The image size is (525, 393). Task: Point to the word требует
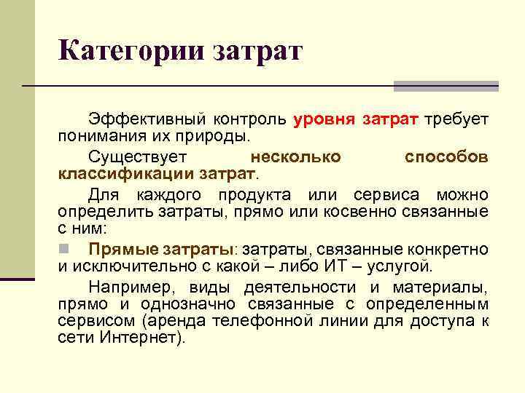[x=456, y=119]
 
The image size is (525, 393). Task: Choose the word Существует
[x=138, y=156]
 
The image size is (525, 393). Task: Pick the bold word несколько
[x=295, y=156]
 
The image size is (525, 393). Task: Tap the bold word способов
[x=446, y=156]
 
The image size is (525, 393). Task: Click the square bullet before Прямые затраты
[x=63, y=248]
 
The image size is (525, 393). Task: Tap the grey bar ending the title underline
[x=446, y=86]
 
